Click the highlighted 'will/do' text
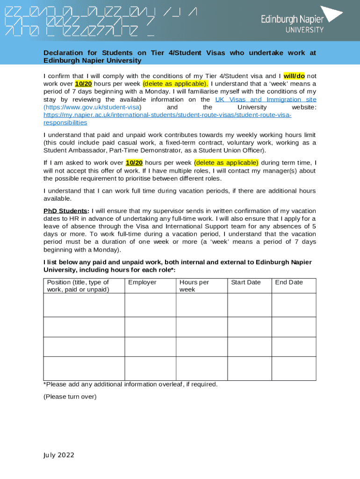click(x=294, y=76)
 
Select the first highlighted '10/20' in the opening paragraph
click(x=83, y=84)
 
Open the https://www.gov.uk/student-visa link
click(x=92, y=107)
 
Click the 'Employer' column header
click(x=142, y=282)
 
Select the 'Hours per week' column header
click(x=194, y=285)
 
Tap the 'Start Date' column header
click(x=245, y=282)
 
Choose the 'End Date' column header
click(x=289, y=282)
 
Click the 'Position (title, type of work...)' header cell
click(x=78, y=285)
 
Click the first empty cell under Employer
click(x=150, y=305)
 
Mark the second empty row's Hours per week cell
click(x=202, y=327)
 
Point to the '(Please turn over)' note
click(x=70, y=397)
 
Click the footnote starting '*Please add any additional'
click(x=130, y=385)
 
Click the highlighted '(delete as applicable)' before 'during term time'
click(x=226, y=163)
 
